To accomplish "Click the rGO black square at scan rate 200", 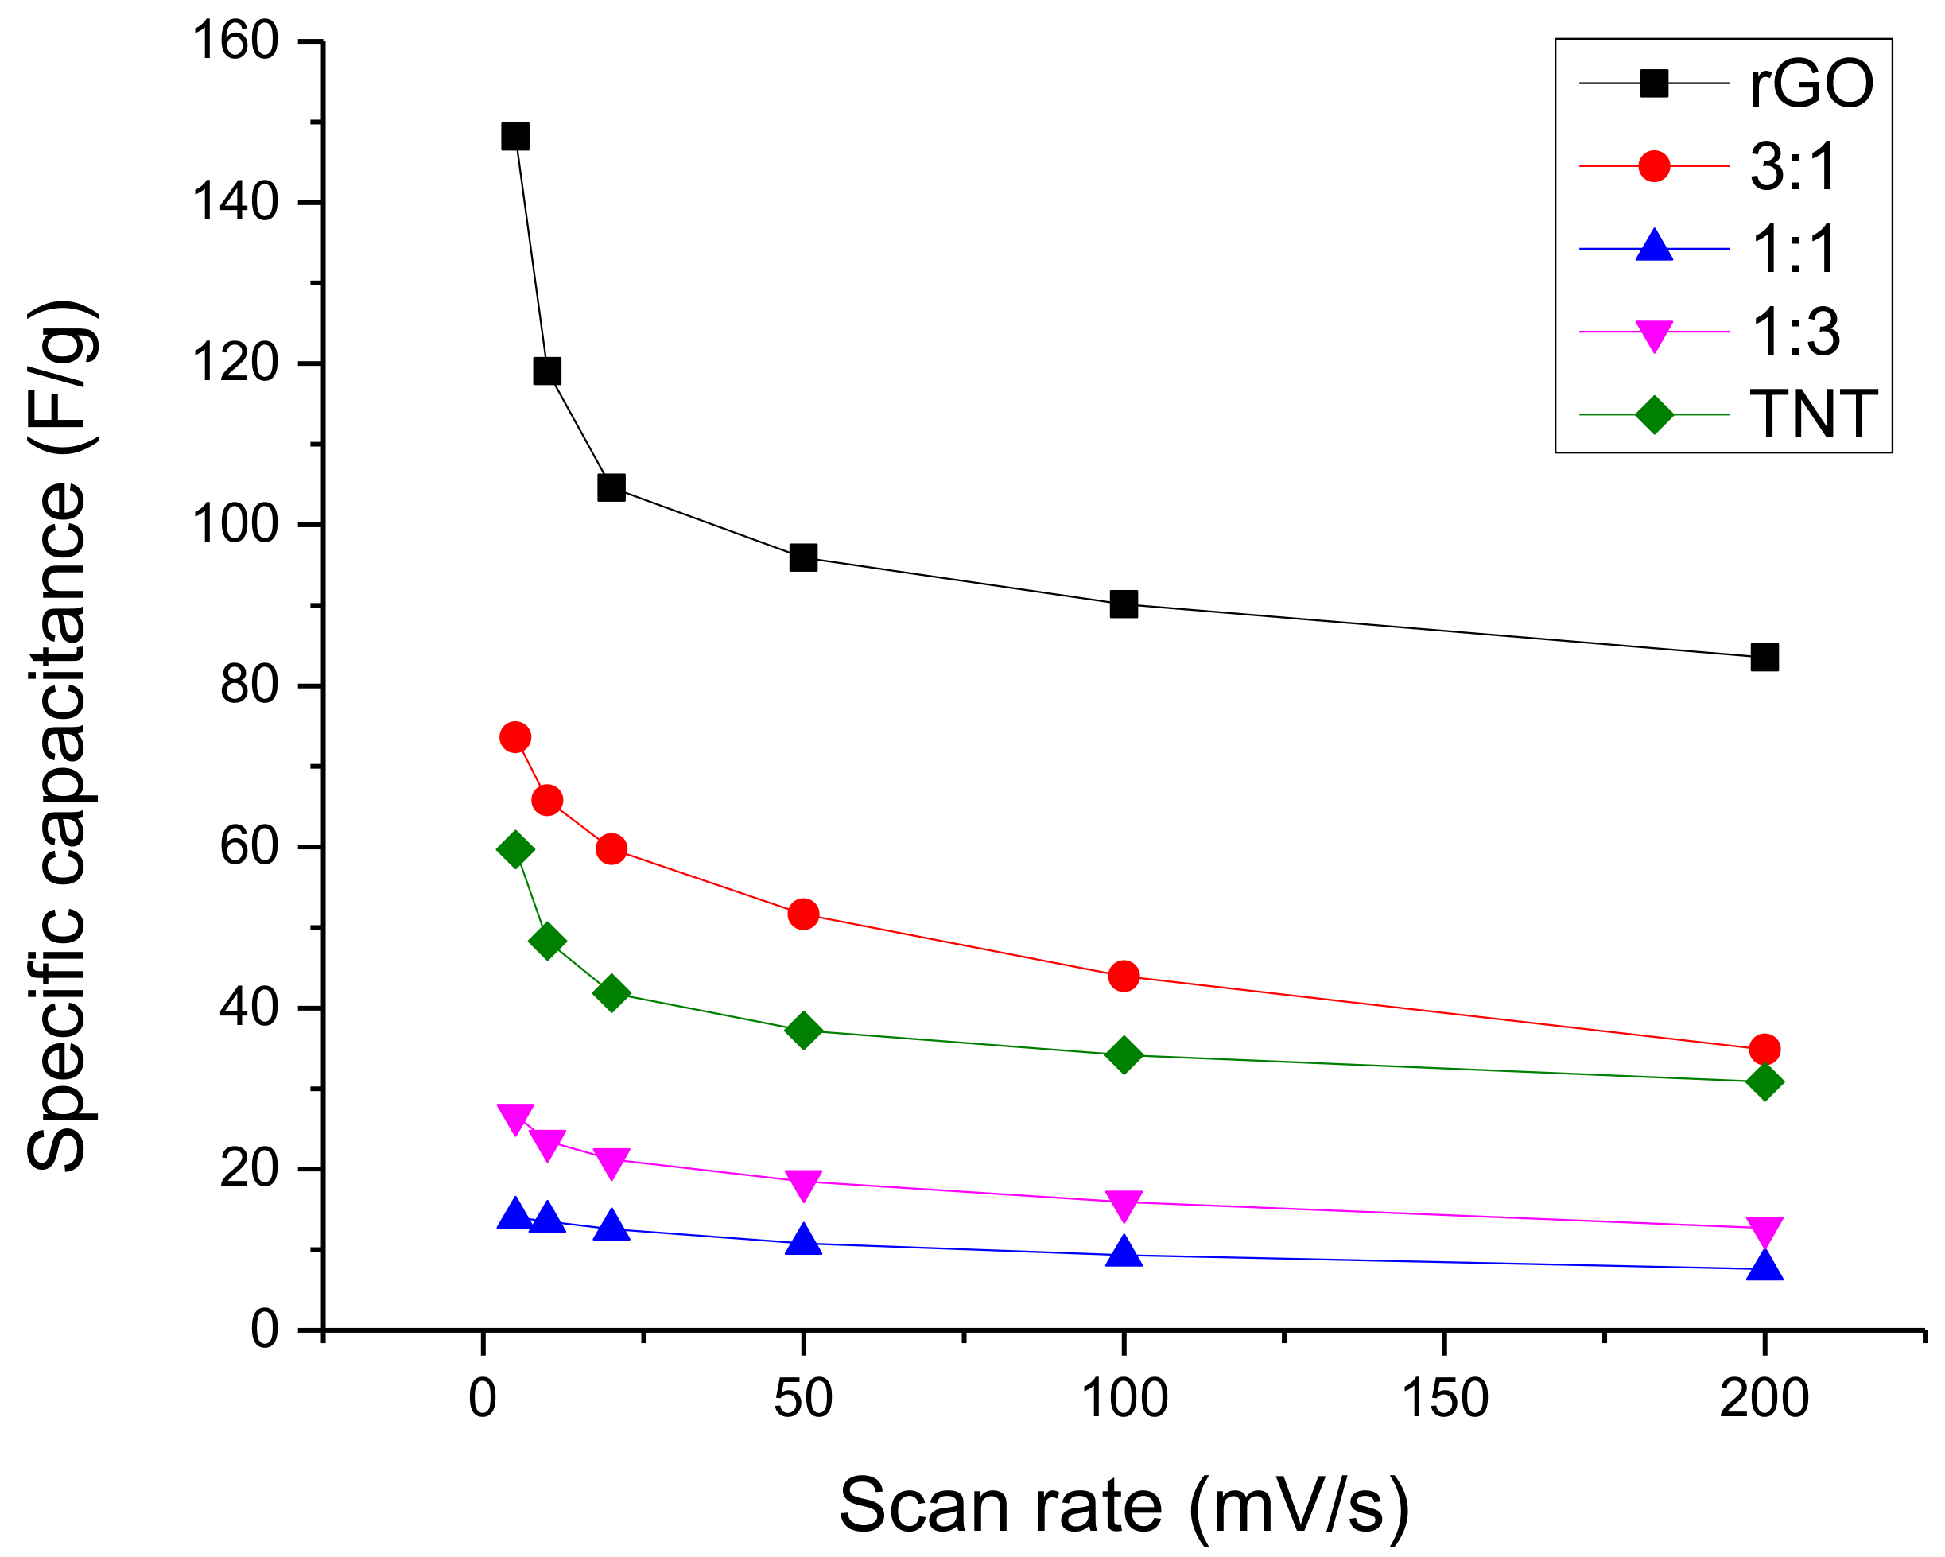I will [1764, 658].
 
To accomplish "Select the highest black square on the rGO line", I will [515, 137].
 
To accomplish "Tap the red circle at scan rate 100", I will [1123, 976].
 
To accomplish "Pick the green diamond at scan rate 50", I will [803, 1031].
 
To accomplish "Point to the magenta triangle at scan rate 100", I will [1123, 1204].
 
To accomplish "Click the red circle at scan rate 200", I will [1764, 1050].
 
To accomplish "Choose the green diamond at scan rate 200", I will [1764, 1081].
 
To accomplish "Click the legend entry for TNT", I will [1812, 416].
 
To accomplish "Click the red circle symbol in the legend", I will [1654, 166].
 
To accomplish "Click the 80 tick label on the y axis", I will [249, 685].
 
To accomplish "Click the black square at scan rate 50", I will [803, 557].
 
